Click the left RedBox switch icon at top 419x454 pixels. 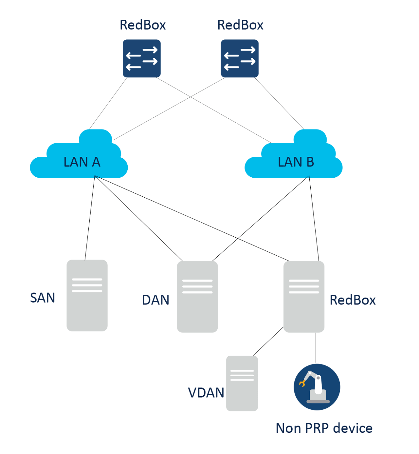[x=141, y=58]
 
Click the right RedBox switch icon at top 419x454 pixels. [x=240, y=58]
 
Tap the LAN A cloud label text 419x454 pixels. [x=82, y=162]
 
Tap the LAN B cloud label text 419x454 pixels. [x=296, y=162]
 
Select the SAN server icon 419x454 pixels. [x=87, y=295]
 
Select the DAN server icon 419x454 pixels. [x=197, y=297]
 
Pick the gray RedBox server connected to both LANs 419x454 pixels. [x=304, y=297]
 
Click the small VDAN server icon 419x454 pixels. [x=242, y=383]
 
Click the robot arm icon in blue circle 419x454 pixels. [x=317, y=387]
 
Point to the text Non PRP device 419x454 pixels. [x=324, y=428]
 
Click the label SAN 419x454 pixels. [x=43, y=298]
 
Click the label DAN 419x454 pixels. [x=155, y=300]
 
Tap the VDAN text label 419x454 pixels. [x=206, y=393]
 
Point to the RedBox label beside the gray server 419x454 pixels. [x=353, y=300]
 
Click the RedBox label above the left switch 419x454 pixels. [x=143, y=25]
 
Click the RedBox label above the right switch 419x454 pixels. [x=240, y=25]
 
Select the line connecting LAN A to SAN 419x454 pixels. [x=90, y=218]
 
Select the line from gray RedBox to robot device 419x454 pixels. [x=316, y=347]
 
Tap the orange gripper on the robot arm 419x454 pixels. [x=302, y=383]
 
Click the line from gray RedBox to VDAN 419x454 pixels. [x=268, y=341]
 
